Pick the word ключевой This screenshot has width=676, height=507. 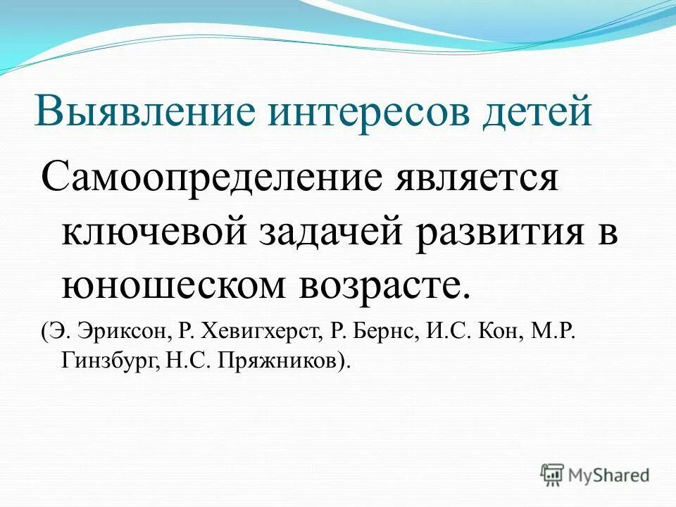148,232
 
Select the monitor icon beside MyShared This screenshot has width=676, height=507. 552,474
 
